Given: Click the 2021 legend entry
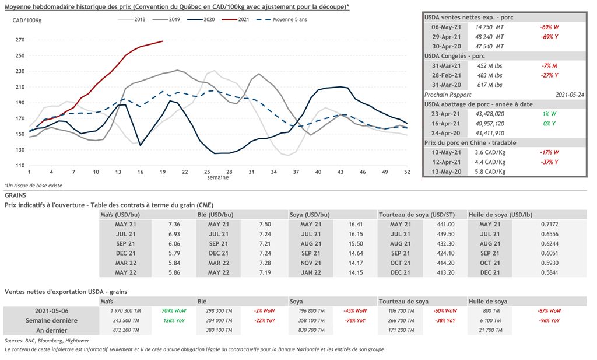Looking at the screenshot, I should [x=238, y=19].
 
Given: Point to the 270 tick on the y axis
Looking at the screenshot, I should [x=20, y=40].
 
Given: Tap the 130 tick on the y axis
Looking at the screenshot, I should [x=20, y=150].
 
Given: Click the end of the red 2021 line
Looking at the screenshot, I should [x=163, y=41].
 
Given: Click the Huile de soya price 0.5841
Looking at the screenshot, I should [x=548, y=272].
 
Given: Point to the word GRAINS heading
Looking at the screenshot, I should [x=15, y=195].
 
